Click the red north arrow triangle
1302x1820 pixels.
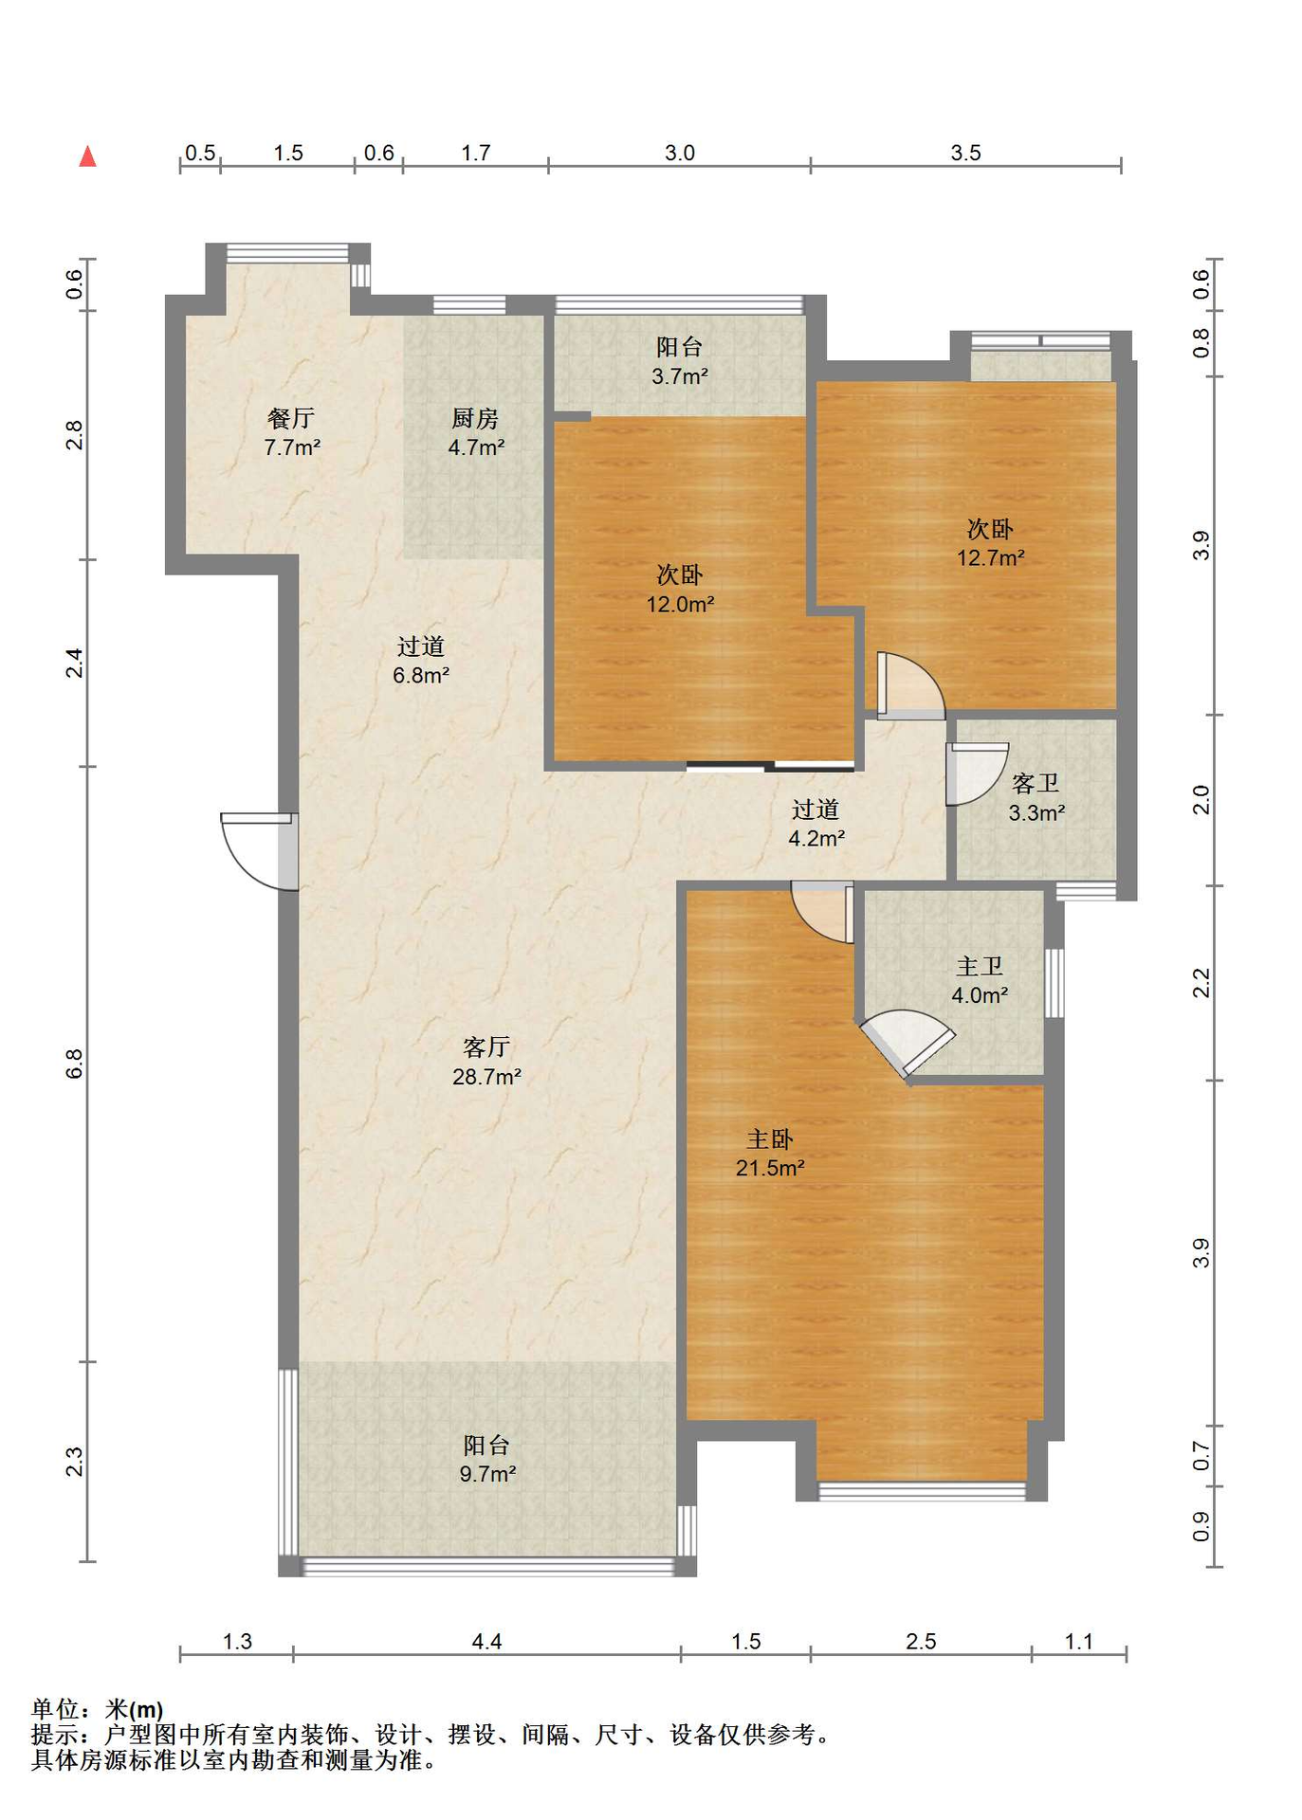click(87, 155)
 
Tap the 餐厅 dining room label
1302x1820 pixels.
click(291, 418)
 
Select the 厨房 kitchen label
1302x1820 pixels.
click(475, 418)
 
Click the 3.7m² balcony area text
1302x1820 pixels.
click(680, 376)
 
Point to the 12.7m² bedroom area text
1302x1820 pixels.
click(990, 557)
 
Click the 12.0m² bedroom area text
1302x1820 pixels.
click(680, 604)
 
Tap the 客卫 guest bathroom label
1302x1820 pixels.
click(1036, 783)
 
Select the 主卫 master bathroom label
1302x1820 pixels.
click(980, 966)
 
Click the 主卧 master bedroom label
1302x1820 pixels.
click(770, 1138)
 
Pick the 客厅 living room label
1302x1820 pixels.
click(486, 1046)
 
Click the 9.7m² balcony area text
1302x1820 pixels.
click(487, 1473)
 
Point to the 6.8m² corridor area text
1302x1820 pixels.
click(421, 675)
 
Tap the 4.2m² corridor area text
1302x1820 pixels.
click(816, 838)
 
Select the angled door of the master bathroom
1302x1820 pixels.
click(907, 1043)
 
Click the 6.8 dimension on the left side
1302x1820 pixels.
click(75, 1064)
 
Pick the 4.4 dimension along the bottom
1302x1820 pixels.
click(486, 1641)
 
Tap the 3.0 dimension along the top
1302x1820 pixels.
click(679, 153)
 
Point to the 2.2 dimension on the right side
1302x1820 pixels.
click(1201, 983)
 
